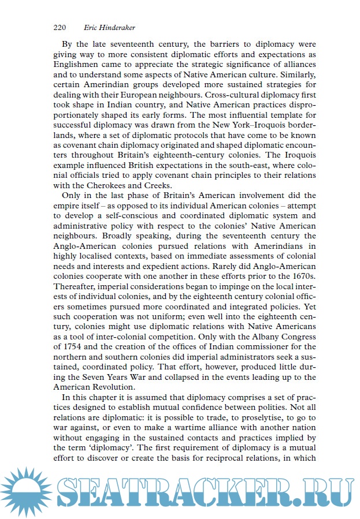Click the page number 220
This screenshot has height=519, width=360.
[60, 27]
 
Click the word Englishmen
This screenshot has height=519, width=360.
[80, 64]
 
